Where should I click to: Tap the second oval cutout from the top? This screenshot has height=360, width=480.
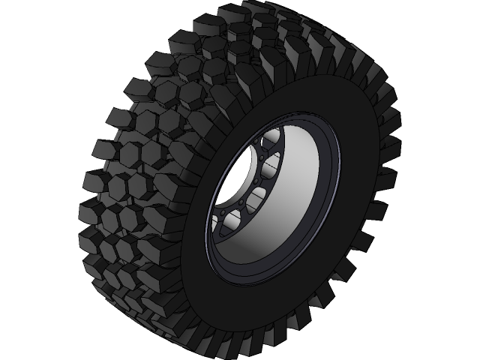[x=271, y=164]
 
